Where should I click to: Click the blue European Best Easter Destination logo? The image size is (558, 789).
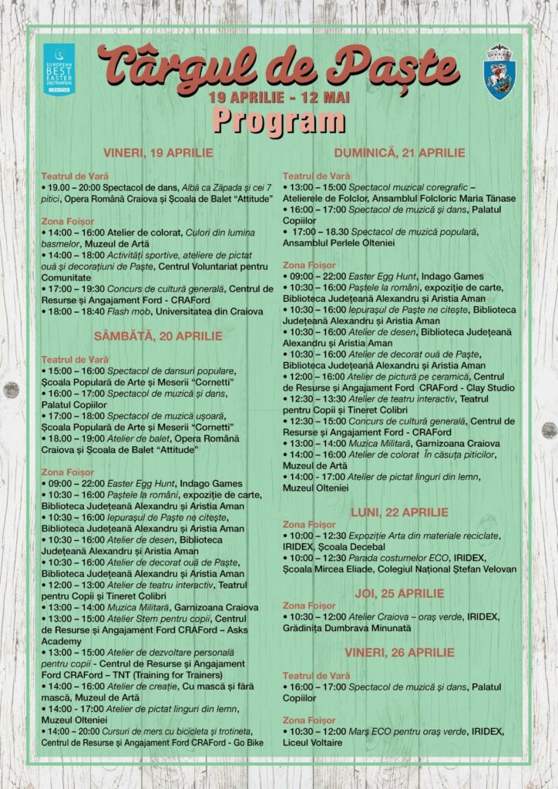click(59, 69)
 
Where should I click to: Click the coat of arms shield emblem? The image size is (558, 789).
click(499, 72)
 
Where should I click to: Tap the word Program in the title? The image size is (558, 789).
click(278, 121)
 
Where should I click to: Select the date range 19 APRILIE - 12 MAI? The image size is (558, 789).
click(279, 98)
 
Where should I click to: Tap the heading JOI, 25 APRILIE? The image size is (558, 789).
click(398, 593)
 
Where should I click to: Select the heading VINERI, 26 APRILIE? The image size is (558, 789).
click(398, 653)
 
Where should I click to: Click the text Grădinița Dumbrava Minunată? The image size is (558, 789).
click(346, 628)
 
